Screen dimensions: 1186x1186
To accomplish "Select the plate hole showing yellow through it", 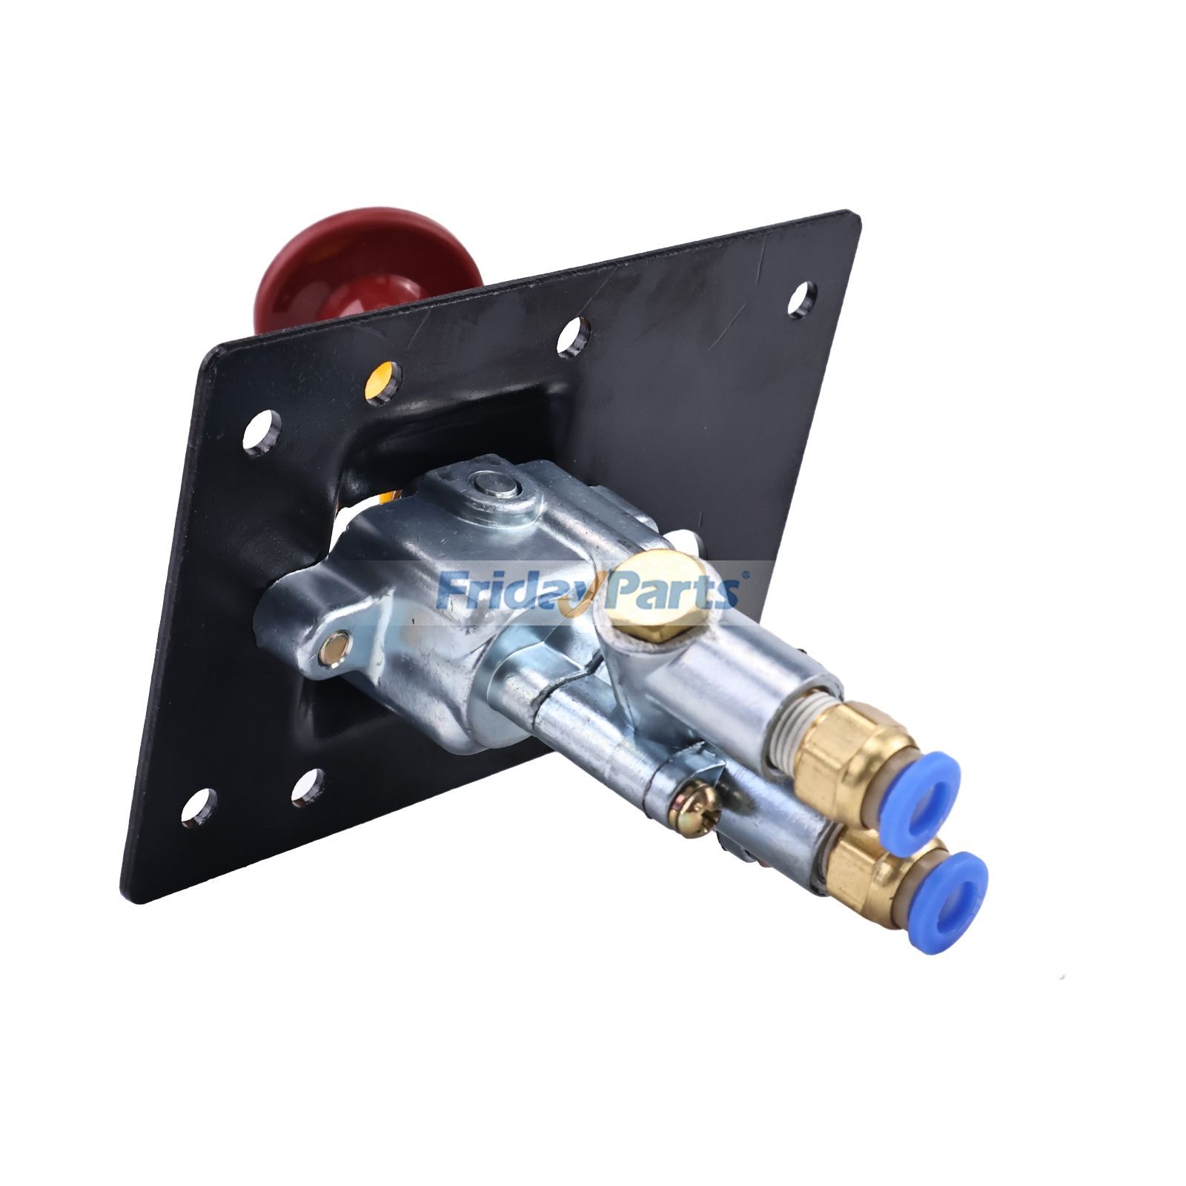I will coord(383,377).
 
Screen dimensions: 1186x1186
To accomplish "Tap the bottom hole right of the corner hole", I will coord(306,786).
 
